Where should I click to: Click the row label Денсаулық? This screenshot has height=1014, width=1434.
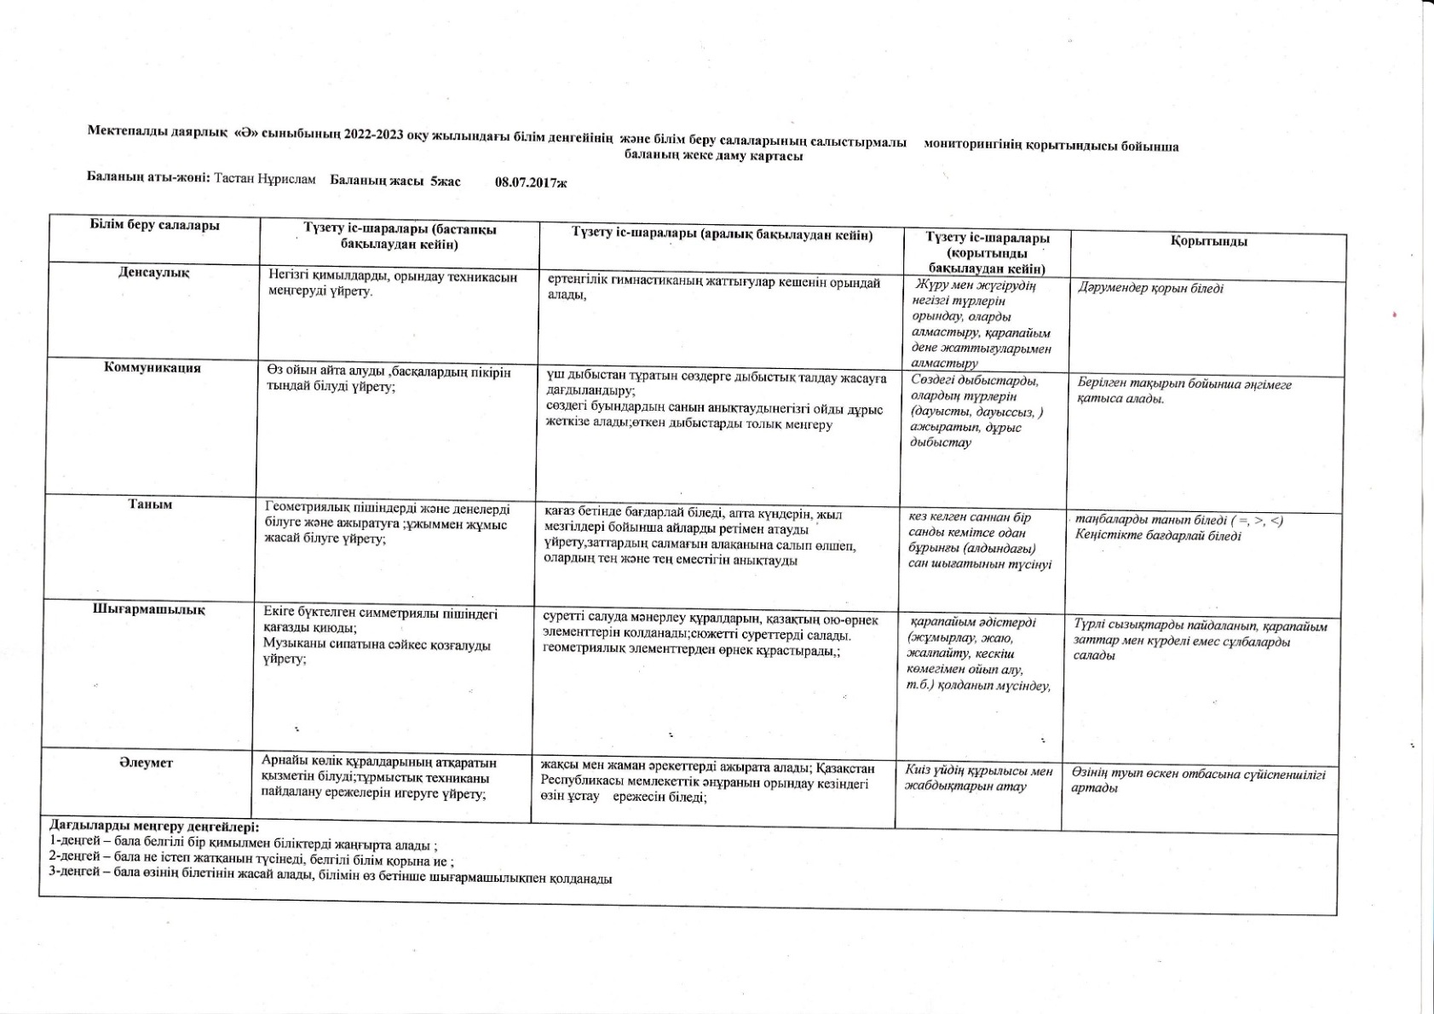click(x=153, y=273)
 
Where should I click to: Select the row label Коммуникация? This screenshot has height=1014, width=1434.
click(x=153, y=367)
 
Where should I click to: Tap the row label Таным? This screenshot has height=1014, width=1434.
click(x=150, y=504)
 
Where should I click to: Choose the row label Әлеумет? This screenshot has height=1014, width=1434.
click(x=147, y=763)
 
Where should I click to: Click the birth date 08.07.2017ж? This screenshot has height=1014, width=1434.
click(x=531, y=181)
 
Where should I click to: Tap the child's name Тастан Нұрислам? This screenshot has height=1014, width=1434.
click(x=265, y=180)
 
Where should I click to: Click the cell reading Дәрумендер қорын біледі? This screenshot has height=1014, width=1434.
click(x=1150, y=288)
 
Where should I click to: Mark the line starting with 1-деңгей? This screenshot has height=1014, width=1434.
click(x=244, y=845)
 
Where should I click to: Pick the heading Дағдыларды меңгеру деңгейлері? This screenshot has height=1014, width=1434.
click(x=153, y=827)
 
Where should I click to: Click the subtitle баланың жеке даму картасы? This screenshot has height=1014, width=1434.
click(x=713, y=156)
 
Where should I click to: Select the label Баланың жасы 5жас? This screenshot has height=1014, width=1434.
click(x=394, y=181)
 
